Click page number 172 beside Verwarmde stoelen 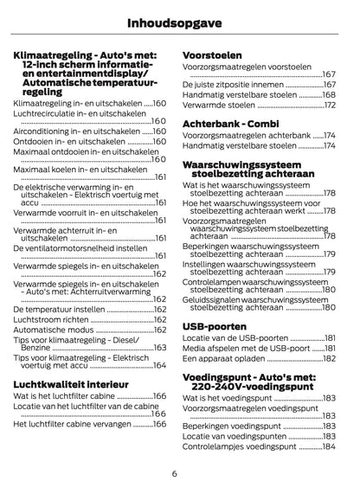pos(329,106)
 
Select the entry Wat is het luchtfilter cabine pos(63,396)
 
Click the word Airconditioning pos(43,131)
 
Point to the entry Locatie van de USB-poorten pos(235,337)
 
